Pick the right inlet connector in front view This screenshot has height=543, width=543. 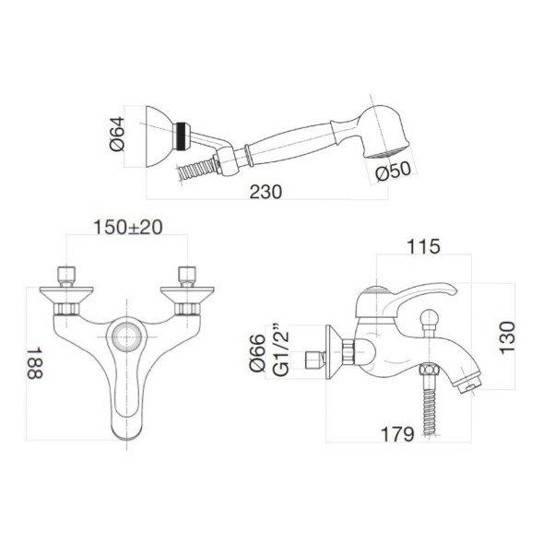pos(188,276)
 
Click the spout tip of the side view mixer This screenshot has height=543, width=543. pos(468,378)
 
